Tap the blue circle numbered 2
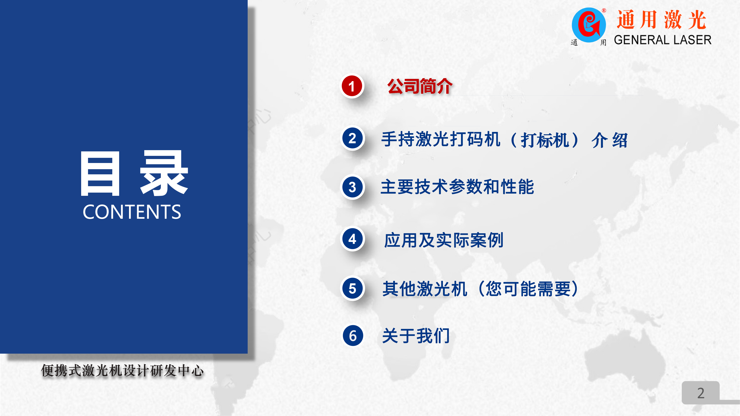coord(352,138)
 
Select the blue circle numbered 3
coord(352,187)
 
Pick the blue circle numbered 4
coord(352,239)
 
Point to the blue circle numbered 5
coord(352,288)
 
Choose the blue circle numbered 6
coord(353,336)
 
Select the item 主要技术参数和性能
coord(457,187)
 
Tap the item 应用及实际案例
coord(444,240)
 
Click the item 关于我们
coord(416,336)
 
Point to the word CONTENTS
coord(132,212)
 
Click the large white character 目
coord(100,174)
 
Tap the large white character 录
coord(164,173)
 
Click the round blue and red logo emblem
coord(589,25)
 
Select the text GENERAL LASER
coord(663,40)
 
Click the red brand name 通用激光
coord(661,20)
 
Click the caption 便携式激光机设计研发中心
coord(122,371)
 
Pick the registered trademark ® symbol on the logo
coord(604,11)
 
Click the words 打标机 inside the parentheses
coord(545,140)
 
